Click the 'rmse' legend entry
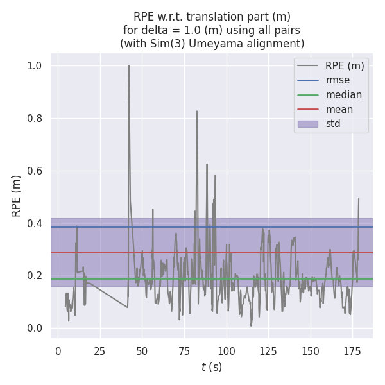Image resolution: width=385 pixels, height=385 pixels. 339,80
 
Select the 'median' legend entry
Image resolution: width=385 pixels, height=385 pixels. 343,95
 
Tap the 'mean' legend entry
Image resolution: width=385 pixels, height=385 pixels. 339,110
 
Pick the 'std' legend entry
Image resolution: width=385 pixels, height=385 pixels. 333,124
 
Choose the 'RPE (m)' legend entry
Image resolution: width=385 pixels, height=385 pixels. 345,65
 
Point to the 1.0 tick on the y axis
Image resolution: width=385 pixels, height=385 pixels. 35,65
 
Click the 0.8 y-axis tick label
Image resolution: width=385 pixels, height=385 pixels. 35,118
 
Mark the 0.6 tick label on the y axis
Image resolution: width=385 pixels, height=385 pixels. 35,171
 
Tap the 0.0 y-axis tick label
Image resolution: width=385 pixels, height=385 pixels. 35,329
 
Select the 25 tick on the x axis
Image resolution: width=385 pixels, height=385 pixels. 100,351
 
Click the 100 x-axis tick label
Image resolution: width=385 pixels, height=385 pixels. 227,351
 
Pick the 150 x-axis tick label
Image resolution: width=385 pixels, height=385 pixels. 311,351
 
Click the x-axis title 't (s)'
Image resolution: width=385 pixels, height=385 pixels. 212,367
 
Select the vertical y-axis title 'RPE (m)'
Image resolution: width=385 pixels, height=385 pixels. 17,196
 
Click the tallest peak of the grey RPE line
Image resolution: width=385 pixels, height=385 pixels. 129,65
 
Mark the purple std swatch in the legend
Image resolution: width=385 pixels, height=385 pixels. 307,124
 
